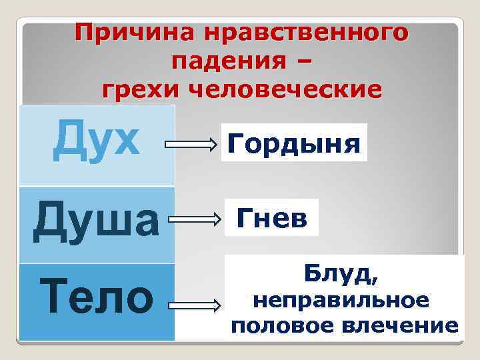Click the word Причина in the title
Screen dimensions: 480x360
pyautogui.click(x=127, y=32)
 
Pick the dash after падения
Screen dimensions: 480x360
pyautogui.click(x=300, y=61)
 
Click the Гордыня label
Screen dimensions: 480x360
pyautogui.click(x=294, y=143)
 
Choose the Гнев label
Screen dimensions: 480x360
pyautogui.click(x=272, y=218)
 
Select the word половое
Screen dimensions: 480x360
pyautogui.click(x=273, y=326)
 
